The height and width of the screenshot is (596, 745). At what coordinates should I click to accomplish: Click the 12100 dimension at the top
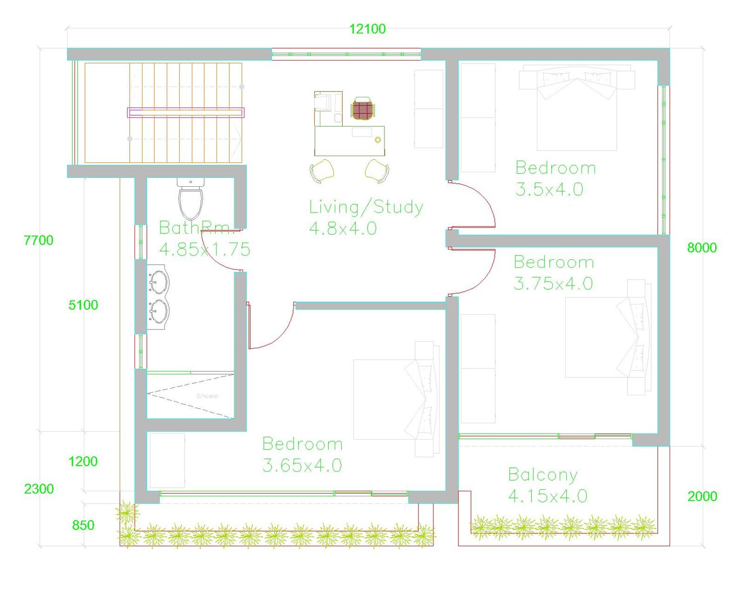point(367,29)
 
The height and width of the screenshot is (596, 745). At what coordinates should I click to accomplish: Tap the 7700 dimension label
point(38,240)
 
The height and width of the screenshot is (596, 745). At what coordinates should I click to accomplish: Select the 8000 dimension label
point(702,248)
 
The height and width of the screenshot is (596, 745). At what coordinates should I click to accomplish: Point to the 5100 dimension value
point(83,305)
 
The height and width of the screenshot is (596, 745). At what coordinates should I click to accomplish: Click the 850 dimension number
point(83,525)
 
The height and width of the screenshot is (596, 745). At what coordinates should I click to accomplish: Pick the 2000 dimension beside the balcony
point(702,496)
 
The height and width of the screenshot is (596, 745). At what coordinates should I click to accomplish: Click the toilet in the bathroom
point(190,199)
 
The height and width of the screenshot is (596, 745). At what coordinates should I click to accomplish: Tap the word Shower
point(208,396)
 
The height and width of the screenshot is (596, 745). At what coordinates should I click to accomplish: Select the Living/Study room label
point(366,208)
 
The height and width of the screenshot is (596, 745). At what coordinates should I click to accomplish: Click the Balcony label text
point(543,475)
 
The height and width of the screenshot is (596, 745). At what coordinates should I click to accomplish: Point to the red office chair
point(363,109)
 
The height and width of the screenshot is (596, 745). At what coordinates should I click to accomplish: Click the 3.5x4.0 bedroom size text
point(549,189)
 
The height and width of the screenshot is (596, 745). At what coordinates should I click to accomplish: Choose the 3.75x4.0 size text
point(553,283)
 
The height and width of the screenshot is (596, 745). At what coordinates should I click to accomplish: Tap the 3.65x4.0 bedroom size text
point(302,465)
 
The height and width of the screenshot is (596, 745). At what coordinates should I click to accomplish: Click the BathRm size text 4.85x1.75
point(205,249)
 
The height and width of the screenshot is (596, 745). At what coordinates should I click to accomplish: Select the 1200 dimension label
point(83,461)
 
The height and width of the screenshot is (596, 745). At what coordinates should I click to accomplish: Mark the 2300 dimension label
point(39,489)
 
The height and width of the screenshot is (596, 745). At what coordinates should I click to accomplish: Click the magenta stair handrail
point(186,112)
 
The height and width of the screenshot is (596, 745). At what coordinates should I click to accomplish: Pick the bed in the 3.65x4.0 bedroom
point(396,399)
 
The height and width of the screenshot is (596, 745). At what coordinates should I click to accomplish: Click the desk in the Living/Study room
point(350,141)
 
